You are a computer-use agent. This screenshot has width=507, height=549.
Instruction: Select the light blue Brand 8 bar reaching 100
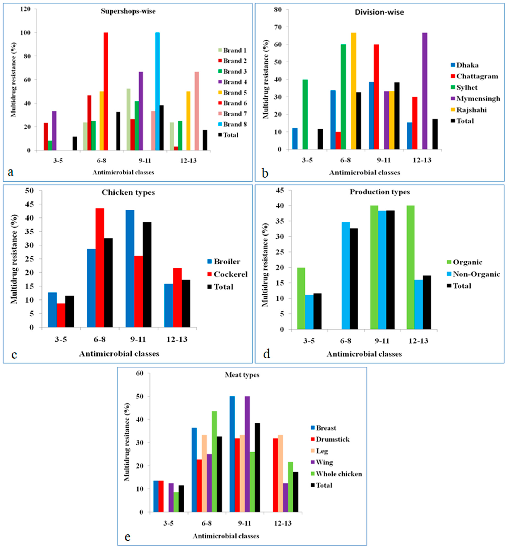tap(157, 91)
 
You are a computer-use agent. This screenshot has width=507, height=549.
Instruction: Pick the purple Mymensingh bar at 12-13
tap(425, 91)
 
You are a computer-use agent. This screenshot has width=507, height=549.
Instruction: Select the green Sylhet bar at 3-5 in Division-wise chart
tap(305, 114)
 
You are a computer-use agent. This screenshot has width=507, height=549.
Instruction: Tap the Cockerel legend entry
tap(230, 274)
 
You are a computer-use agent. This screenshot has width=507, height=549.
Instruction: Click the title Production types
tap(379, 192)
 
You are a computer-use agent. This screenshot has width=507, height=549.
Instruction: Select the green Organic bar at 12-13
tap(410, 267)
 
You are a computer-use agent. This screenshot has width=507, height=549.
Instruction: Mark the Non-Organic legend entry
tap(476, 274)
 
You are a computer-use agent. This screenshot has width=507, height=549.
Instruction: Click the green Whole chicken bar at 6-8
tap(214, 462)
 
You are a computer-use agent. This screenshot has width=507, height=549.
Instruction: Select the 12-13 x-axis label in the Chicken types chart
tap(177, 339)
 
